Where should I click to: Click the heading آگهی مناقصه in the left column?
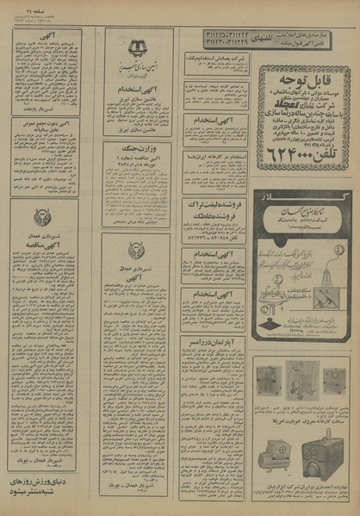(45, 244)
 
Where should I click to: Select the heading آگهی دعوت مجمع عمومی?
(46, 122)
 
